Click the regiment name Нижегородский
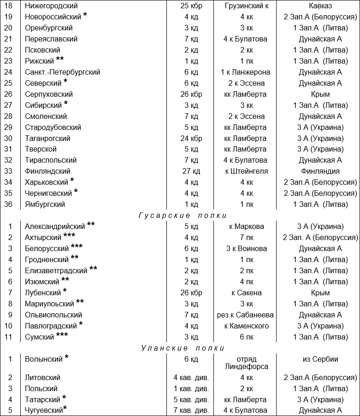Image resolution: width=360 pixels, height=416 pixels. coord(51,6)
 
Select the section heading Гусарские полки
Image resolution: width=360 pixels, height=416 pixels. coord(183,215)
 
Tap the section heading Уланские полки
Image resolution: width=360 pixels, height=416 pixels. coord(183,348)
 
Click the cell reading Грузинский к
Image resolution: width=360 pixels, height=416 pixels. coord(245,6)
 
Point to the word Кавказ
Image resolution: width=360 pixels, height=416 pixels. coord(320,6)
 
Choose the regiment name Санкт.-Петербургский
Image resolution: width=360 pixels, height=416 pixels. coord(63,72)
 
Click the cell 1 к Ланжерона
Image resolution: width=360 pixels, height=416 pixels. coord(245,72)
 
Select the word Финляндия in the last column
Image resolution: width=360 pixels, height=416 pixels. coord(320,171)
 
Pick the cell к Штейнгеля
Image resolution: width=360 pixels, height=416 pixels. coord(245,171)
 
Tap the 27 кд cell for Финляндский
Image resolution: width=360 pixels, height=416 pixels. coord(191,171)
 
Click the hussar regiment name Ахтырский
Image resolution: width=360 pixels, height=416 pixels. coord(43,238)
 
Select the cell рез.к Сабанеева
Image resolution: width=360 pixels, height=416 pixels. coord(245,315)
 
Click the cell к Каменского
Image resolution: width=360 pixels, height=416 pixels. coord(245,326)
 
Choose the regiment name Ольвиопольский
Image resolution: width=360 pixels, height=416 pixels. coord(53,315)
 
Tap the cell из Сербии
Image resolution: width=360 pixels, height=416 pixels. coord(320,359)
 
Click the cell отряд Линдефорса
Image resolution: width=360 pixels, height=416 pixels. coord(245,363)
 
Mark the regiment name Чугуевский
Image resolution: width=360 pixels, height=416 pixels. coord(43,410)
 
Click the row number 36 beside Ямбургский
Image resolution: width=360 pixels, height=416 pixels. coord(9,205)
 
